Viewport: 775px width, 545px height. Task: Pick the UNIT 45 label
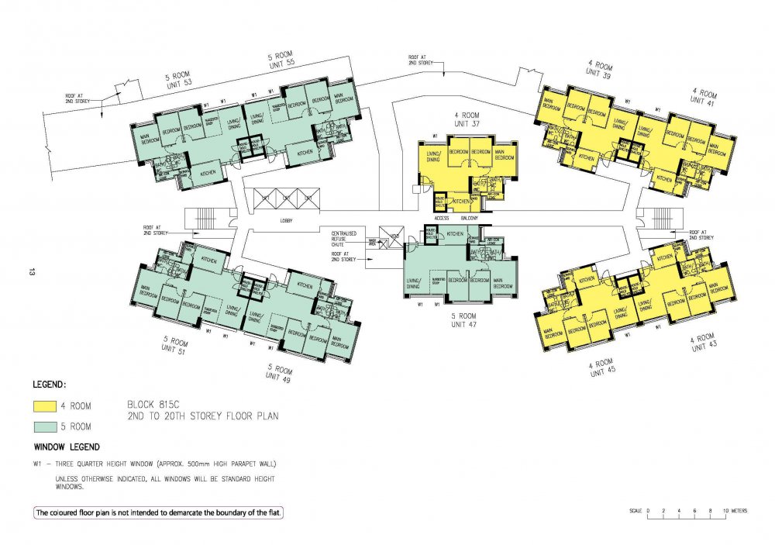pos(602,373)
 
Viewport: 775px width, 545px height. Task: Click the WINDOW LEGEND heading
pos(67,447)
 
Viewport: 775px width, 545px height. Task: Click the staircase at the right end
pos(660,219)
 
